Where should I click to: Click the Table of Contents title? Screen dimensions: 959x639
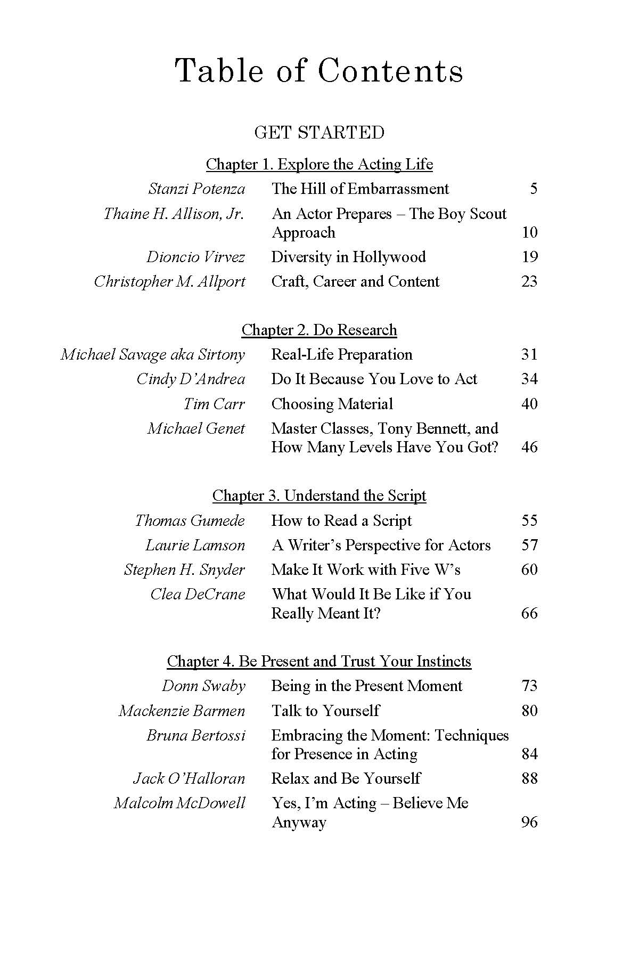tap(319, 71)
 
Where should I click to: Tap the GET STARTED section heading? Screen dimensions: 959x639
tap(319, 132)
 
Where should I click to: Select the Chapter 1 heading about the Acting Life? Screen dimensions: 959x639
tap(319, 164)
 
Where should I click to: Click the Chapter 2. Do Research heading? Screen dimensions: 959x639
tap(319, 330)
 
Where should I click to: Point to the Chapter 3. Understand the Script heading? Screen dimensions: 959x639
tap(319, 495)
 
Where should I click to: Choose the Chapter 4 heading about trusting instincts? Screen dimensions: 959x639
tap(319, 661)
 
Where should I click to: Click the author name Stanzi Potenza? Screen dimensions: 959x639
tap(196, 189)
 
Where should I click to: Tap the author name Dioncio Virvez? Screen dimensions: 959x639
tap(195, 257)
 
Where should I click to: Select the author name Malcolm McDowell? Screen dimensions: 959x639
tap(179, 803)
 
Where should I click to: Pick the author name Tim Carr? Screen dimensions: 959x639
tap(214, 404)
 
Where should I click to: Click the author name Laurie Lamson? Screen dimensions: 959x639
tap(195, 545)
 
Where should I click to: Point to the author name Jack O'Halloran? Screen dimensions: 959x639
tap(189, 778)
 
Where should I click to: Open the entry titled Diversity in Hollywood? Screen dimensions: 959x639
tap(348, 257)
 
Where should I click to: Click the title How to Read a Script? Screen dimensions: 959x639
tap(341, 521)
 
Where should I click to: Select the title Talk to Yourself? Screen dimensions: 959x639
tap(325, 711)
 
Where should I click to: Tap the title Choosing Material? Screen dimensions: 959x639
tap(332, 404)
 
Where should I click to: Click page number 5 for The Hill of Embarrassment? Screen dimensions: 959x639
tap(533, 189)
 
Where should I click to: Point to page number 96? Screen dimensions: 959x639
tap(529, 822)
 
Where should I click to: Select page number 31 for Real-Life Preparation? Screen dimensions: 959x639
tap(529, 354)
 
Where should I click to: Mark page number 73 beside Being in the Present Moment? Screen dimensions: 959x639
tap(529, 686)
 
